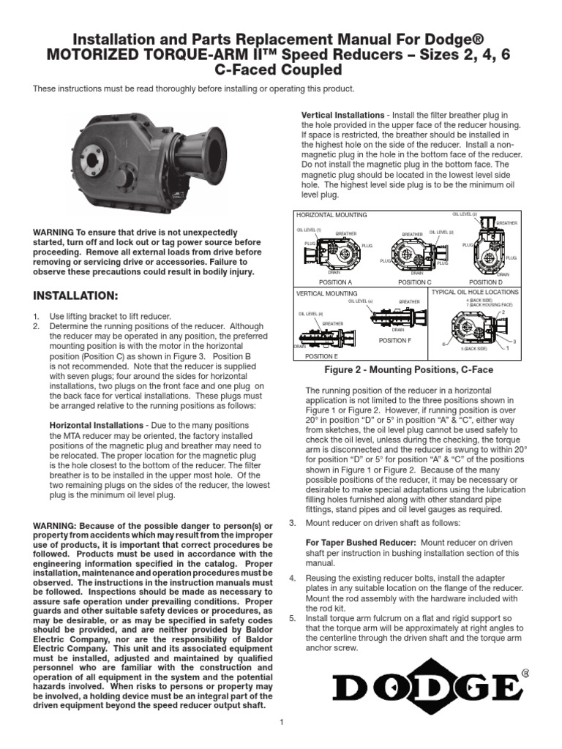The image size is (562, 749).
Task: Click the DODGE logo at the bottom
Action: tap(427, 687)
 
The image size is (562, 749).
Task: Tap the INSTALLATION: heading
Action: tap(75, 296)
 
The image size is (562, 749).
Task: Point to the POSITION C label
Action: tap(414, 282)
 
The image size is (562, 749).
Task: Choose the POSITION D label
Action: tap(486, 282)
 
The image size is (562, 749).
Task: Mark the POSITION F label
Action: tap(394, 341)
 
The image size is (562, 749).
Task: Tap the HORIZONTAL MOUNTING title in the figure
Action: tap(331, 215)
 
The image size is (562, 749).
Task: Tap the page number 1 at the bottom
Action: tap(281, 723)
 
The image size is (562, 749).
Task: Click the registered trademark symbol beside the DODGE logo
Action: tap(525, 673)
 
